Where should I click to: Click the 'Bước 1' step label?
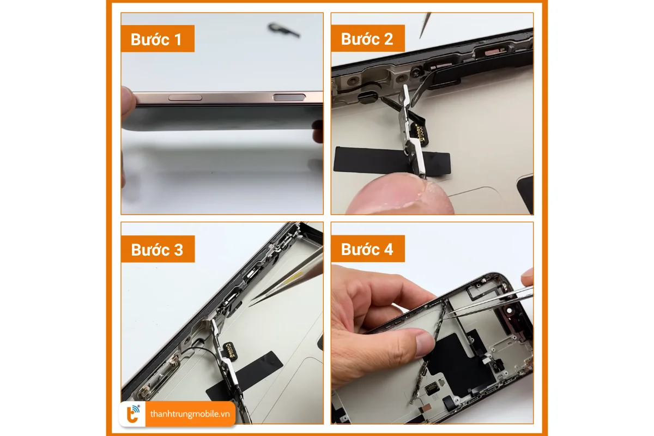point(157,39)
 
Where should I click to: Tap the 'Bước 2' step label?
point(367,39)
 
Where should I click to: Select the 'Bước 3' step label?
point(157,249)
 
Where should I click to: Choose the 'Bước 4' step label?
point(367,249)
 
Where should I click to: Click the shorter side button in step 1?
point(185,98)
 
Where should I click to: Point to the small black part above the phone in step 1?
point(284,31)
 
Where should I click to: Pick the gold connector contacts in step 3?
point(237,347)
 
